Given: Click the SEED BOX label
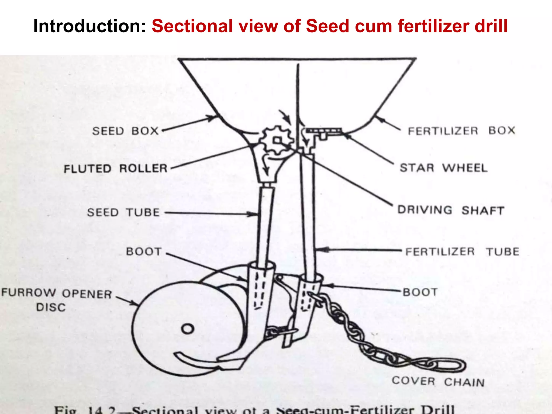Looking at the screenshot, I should click(x=125, y=131).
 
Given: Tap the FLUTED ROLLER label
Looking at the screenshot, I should click(x=116, y=169).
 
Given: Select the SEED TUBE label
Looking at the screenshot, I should click(x=123, y=212).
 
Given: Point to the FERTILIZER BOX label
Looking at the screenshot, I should click(x=461, y=131).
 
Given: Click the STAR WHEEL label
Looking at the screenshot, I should click(x=444, y=168).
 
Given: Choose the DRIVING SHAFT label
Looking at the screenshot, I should click(x=451, y=210).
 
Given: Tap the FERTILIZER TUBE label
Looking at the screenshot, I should click(x=462, y=252).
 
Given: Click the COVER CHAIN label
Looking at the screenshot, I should click(x=438, y=382).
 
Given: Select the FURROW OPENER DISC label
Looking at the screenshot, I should click(x=57, y=299).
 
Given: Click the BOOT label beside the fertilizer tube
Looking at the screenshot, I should click(x=420, y=292).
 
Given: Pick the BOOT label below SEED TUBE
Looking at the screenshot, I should click(x=144, y=251).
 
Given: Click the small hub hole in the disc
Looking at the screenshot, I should click(x=188, y=329).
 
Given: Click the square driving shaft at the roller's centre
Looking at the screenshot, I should click(x=277, y=140).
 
